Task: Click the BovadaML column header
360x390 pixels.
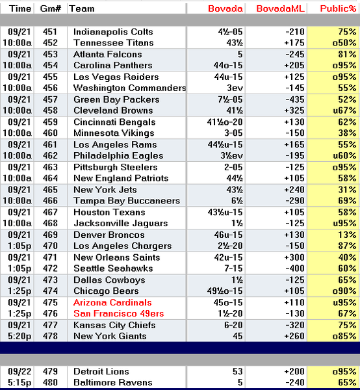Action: (280, 8)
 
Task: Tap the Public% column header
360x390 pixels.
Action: (338, 8)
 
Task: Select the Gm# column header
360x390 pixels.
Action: (51, 8)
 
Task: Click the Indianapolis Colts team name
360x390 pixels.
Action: (113, 32)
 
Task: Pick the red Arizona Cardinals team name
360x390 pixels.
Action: (112, 302)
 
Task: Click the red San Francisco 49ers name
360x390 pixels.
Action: (118, 313)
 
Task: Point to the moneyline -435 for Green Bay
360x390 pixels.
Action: (294, 99)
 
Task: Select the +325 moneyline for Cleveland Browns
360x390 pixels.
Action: (294, 110)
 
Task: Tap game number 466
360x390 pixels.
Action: (50, 200)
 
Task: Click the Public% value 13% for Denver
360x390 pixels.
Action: (347, 235)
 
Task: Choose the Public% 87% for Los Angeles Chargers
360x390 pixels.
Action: (347, 246)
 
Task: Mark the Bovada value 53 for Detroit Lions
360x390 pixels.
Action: (237, 371)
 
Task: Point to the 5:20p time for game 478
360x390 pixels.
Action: (19, 336)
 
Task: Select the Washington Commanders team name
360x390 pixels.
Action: (129, 88)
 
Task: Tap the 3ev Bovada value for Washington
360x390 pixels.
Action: (235, 88)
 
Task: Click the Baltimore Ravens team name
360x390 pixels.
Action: (113, 382)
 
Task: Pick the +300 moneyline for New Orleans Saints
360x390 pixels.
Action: (294, 257)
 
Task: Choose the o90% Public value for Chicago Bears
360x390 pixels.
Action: (344, 291)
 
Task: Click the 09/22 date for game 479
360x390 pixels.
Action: (19, 371)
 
